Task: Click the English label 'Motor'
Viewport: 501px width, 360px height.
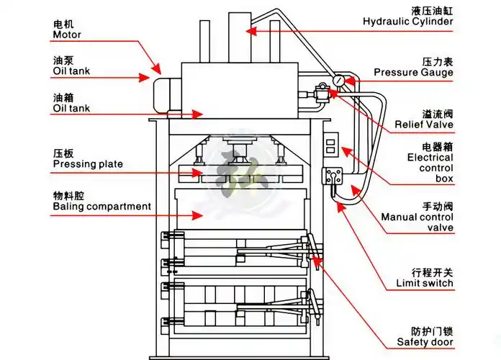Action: click(x=67, y=35)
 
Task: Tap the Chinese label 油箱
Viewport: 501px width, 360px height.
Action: click(x=63, y=96)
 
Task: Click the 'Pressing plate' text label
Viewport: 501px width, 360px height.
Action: click(x=88, y=164)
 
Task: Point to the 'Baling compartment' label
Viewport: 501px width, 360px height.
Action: click(x=101, y=207)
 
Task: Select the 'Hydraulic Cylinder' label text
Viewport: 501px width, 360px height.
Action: click(x=407, y=22)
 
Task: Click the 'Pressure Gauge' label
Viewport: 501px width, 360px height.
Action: click(x=413, y=72)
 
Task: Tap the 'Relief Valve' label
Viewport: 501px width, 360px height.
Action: click(x=423, y=125)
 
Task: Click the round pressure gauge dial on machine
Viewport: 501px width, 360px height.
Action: click(x=338, y=80)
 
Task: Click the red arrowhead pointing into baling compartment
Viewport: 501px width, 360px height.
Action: click(x=199, y=214)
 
